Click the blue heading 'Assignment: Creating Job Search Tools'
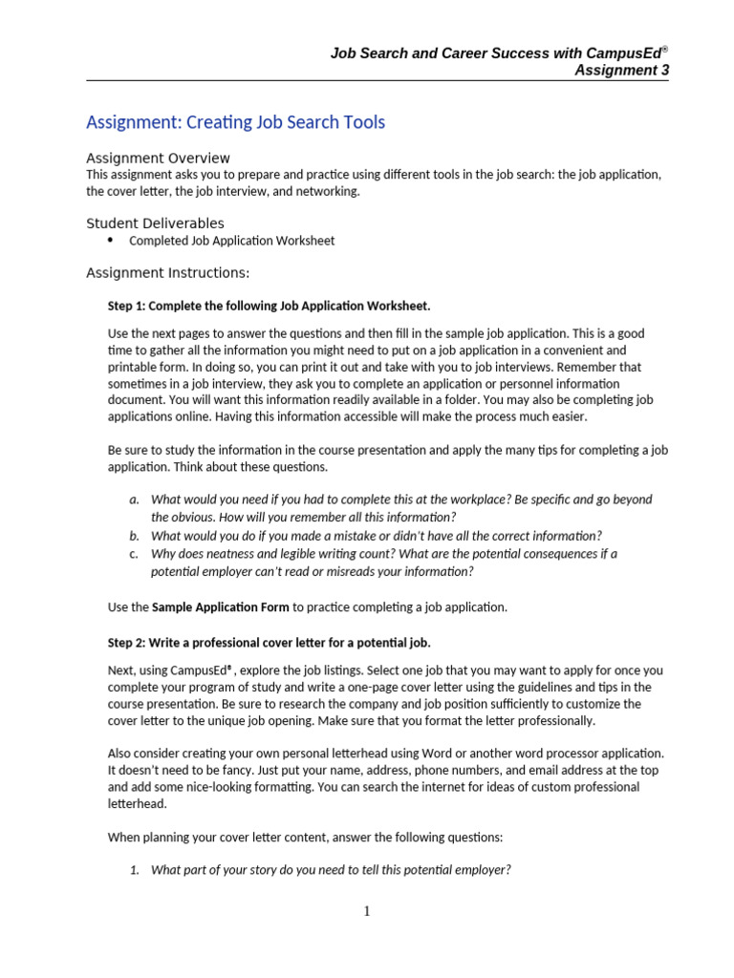[x=235, y=122]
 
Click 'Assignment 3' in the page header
[x=621, y=70]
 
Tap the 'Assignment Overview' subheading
[x=158, y=158]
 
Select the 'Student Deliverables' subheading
[x=155, y=223]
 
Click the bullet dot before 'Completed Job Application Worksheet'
[x=111, y=240]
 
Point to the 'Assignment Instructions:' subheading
[x=167, y=273]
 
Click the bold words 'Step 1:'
[x=128, y=306]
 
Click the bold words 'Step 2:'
[x=128, y=642]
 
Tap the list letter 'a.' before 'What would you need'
[x=134, y=500]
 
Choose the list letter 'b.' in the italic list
[x=134, y=536]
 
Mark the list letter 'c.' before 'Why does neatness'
[x=134, y=554]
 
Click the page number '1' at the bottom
[x=367, y=912]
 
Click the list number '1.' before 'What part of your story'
[x=135, y=870]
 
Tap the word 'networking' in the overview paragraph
[x=328, y=192]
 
